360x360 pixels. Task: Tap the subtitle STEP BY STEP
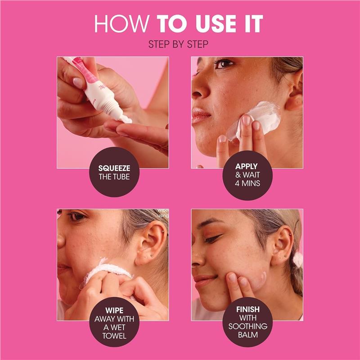[180, 45]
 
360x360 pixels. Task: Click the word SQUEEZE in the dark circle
[114, 168]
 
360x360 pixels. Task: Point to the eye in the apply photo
[224, 64]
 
